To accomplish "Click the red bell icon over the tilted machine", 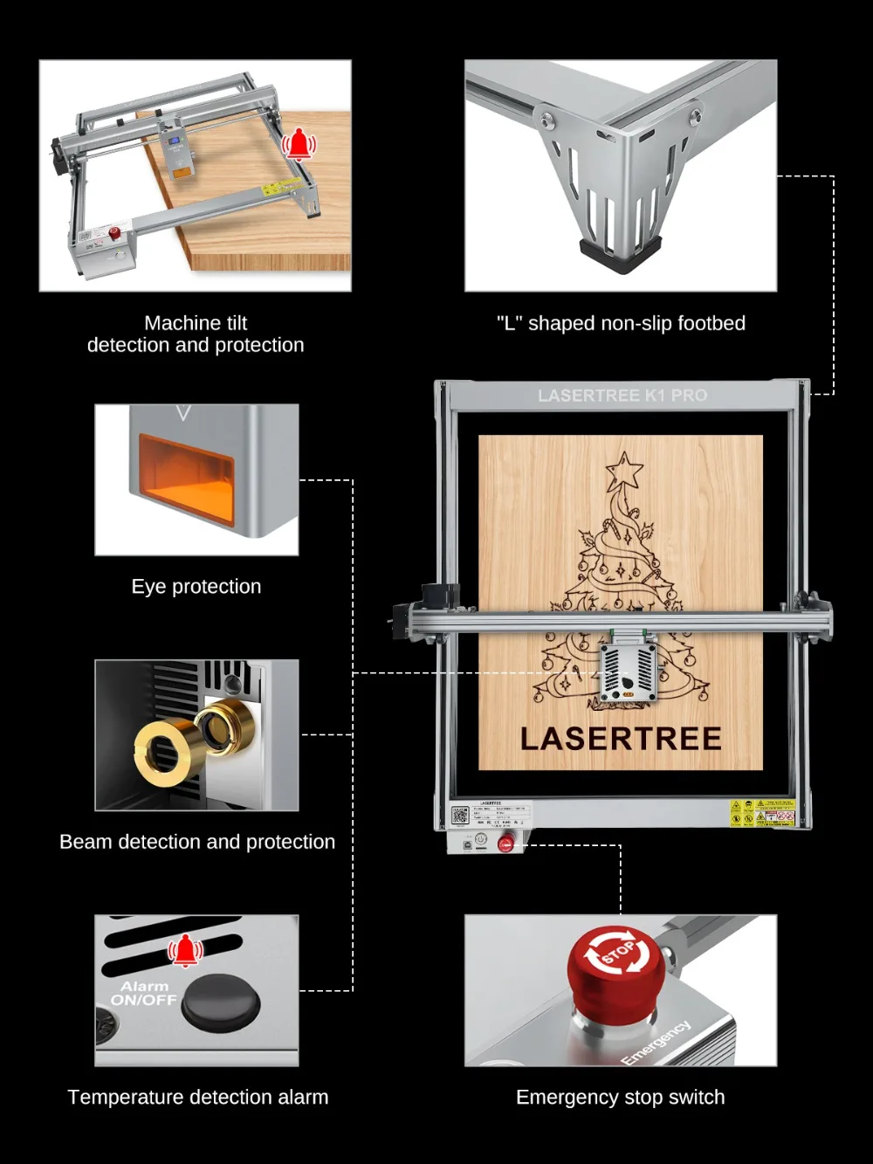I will (299, 144).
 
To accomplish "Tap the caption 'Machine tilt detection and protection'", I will (196, 334).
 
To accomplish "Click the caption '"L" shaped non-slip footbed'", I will (621, 323).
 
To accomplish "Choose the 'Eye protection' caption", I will (196, 587).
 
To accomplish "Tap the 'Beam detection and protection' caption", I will (197, 842).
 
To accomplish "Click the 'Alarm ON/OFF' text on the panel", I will (144, 993).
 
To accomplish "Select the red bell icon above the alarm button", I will (185, 951).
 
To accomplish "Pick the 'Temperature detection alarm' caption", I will (198, 1098).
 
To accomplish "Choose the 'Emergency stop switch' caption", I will (621, 1098).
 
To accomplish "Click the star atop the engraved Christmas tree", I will (624, 471).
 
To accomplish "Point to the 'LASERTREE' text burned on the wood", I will (621, 739).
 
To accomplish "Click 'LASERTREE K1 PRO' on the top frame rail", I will (622, 396).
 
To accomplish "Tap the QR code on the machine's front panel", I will (460, 816).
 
